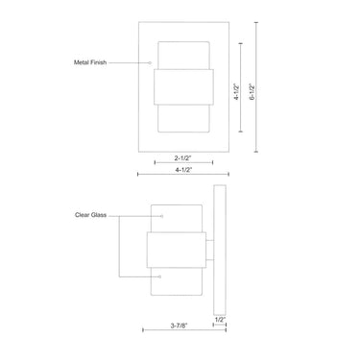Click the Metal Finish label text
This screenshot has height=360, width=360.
(x=89, y=62)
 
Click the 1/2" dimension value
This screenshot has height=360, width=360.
(x=220, y=318)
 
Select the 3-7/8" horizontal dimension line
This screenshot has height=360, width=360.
(x=182, y=329)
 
